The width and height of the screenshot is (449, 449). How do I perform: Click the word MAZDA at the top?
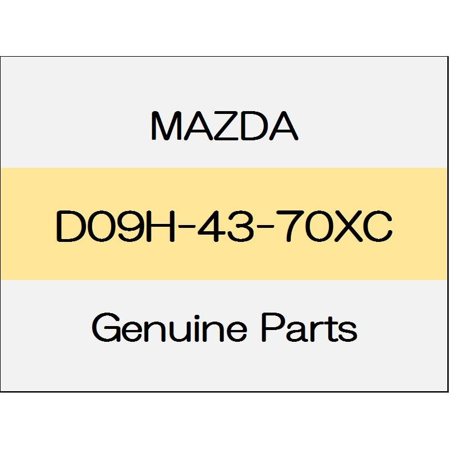[224, 127]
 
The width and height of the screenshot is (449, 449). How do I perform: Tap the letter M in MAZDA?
[163, 127]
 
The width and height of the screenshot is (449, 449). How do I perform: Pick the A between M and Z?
[193, 127]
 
